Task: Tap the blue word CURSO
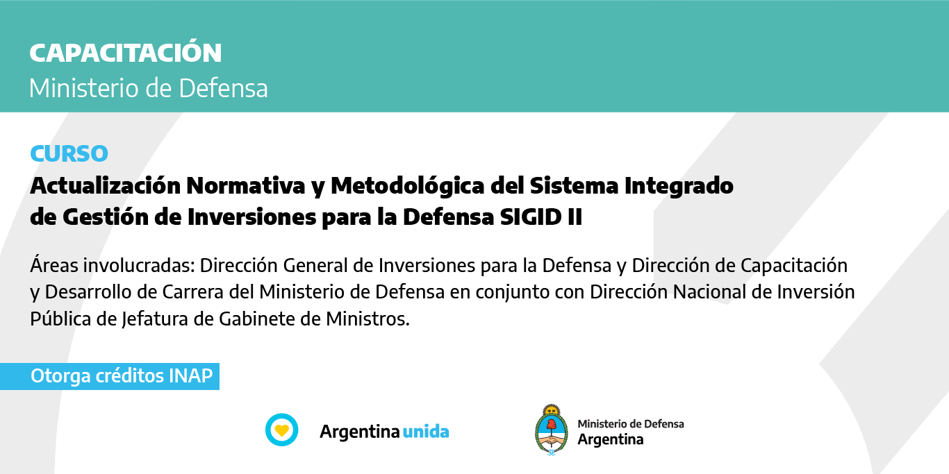pyautogui.click(x=69, y=153)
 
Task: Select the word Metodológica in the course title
pyautogui.click(x=408, y=187)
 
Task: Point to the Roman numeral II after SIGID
pyautogui.click(x=575, y=217)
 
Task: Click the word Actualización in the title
pyautogui.click(x=105, y=186)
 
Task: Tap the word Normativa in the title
pyautogui.click(x=246, y=186)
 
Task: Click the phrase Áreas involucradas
pyautogui.click(x=112, y=265)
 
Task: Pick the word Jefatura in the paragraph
pyautogui.click(x=155, y=319)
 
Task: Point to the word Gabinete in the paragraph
pyautogui.click(x=257, y=319)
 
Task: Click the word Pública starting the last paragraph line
pyautogui.click(x=60, y=319)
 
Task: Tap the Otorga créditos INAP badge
pyautogui.click(x=110, y=376)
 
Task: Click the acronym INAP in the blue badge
pyautogui.click(x=190, y=376)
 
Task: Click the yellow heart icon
pyautogui.click(x=282, y=430)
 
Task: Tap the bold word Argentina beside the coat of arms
pyautogui.click(x=611, y=440)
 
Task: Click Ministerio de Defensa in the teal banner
pyautogui.click(x=148, y=88)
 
